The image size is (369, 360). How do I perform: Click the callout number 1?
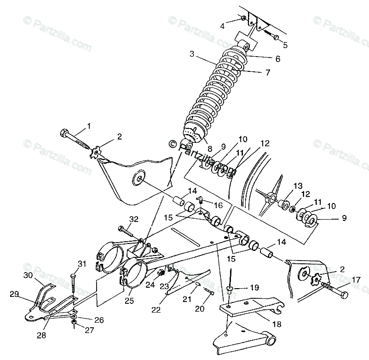88,125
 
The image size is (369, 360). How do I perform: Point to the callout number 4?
222,26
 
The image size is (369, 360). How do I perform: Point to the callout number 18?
276,324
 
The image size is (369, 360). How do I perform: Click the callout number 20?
199,309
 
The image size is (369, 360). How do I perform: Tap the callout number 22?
157,310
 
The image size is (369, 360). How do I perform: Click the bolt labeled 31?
73,281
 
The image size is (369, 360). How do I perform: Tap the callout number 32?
133,219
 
